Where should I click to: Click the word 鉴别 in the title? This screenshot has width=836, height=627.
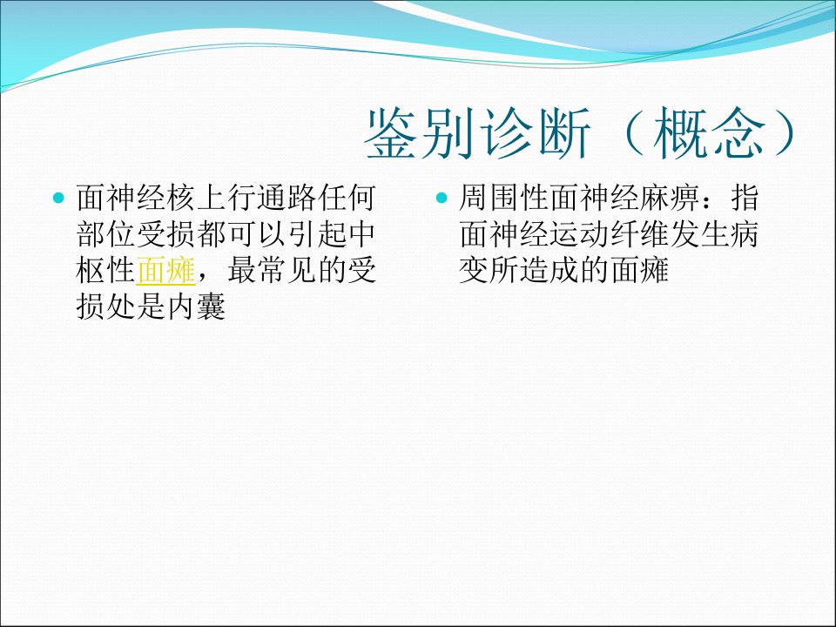(x=419, y=132)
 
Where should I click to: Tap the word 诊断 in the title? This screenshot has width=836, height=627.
(x=536, y=132)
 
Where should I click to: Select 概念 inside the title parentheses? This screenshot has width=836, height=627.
(x=709, y=132)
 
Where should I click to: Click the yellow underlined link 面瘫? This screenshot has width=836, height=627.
(x=165, y=270)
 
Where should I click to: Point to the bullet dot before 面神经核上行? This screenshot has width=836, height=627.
(x=58, y=199)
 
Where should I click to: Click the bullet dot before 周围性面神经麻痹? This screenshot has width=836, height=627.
(x=442, y=199)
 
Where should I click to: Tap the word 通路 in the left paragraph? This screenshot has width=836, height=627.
(x=287, y=198)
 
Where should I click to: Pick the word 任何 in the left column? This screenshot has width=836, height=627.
(x=347, y=198)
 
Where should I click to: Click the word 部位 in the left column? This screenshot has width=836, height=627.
(x=105, y=234)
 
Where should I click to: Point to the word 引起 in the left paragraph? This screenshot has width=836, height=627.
(x=317, y=234)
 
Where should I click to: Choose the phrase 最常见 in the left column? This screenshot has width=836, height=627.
(x=272, y=270)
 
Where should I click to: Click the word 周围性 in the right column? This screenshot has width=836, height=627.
(x=504, y=198)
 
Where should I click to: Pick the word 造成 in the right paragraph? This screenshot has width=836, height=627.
(x=549, y=270)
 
